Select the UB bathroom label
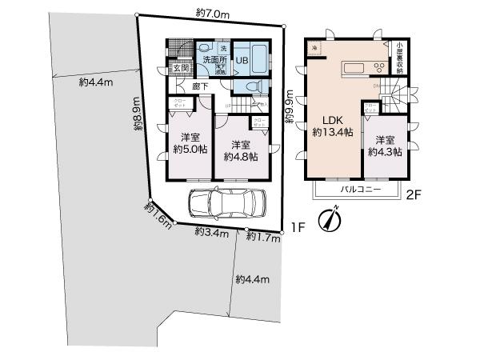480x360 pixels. (x=242, y=58)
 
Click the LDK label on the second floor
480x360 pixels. (x=333, y=120)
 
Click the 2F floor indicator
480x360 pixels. (x=414, y=193)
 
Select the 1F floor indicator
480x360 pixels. (x=298, y=226)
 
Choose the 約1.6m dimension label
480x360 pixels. (x=158, y=214)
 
